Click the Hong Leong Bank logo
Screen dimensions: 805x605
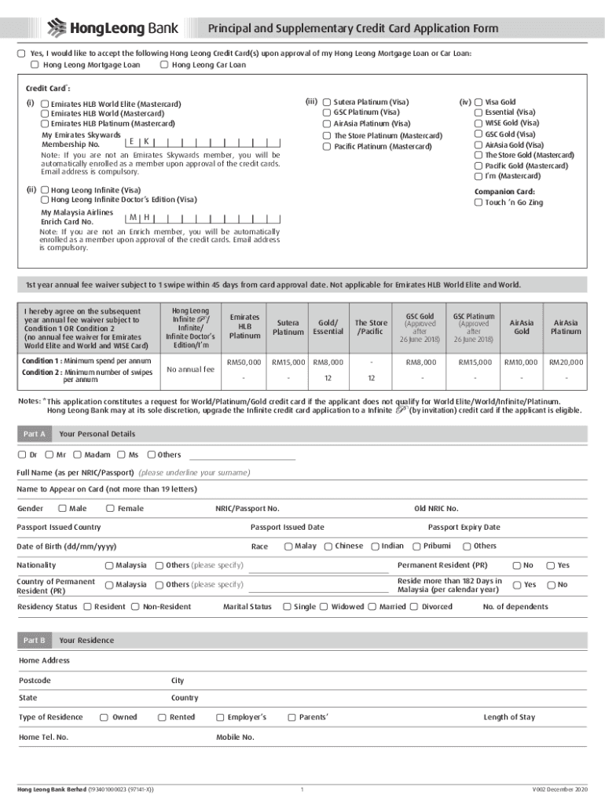113,29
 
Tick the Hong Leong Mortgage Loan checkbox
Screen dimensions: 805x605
35,65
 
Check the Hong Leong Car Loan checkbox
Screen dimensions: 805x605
163,65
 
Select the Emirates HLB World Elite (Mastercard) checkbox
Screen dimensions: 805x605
46,104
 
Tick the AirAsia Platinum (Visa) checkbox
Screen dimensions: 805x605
327,123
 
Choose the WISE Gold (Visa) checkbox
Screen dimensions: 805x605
478,123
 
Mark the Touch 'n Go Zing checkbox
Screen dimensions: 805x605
478,203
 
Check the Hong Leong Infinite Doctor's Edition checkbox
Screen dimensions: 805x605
46,200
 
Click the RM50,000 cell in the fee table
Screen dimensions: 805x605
244,362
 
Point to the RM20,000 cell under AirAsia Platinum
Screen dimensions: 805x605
566,362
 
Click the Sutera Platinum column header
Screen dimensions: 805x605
289,327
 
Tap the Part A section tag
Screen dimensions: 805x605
35,434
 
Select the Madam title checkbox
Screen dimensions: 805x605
77,454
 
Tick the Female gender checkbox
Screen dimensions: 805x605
110,509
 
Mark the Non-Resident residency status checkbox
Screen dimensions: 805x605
135,607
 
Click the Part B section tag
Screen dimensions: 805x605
35,641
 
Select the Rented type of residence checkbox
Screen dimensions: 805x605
162,717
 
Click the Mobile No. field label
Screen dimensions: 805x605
235,737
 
